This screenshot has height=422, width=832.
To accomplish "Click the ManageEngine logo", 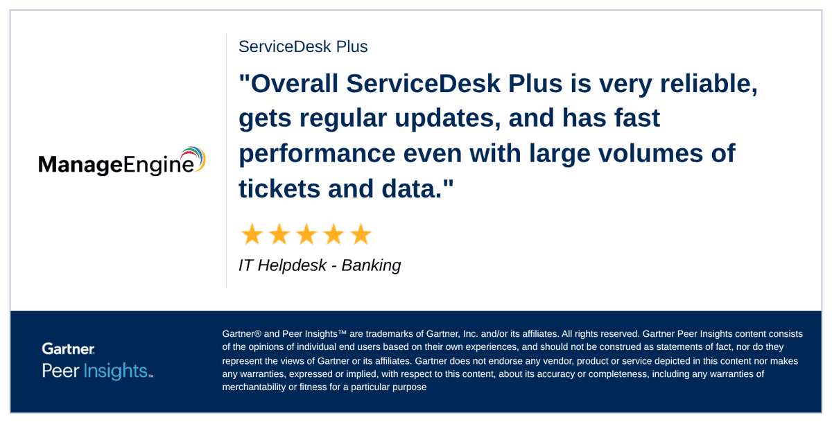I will (121, 162).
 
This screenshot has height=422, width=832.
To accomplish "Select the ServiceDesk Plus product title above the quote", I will (303, 46).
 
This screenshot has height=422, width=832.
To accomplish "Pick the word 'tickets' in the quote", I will (277, 187).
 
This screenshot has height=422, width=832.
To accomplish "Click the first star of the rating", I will (252, 234).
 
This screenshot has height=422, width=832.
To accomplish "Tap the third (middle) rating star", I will (306, 234).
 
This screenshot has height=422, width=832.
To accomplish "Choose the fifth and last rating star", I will (361, 234).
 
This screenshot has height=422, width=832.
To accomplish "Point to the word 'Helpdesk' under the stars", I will (292, 265).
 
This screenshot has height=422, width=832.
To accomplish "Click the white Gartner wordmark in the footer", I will (68, 349).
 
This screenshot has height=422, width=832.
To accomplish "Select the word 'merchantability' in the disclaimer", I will (254, 387).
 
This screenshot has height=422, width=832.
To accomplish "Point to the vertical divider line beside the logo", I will (226, 160).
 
